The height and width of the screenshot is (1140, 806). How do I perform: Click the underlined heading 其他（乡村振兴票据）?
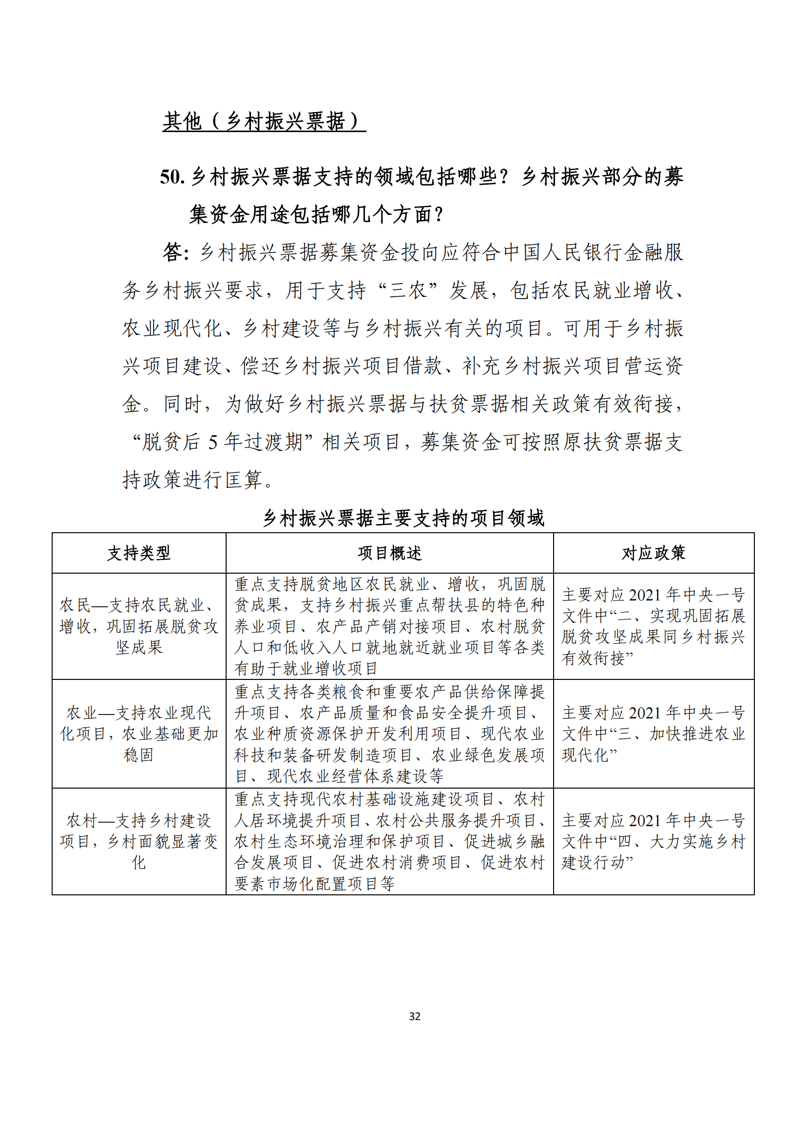pyautogui.click(x=264, y=121)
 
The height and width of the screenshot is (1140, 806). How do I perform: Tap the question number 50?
pyautogui.click(x=172, y=177)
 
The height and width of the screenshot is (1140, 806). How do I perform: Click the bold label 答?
pyautogui.click(x=176, y=252)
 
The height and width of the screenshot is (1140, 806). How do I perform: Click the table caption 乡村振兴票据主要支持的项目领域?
pyautogui.click(x=403, y=518)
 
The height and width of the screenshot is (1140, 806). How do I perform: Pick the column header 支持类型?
pyautogui.click(x=139, y=553)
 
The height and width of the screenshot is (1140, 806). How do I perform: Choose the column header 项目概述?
pyautogui.click(x=390, y=553)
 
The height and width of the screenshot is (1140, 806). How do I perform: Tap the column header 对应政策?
pyautogui.click(x=653, y=553)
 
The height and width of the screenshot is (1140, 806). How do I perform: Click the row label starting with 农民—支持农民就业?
pyautogui.click(x=139, y=626)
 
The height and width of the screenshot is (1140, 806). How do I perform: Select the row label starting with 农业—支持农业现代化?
pyautogui.click(x=139, y=734)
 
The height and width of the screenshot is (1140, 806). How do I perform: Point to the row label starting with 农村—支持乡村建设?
pyautogui.click(x=139, y=841)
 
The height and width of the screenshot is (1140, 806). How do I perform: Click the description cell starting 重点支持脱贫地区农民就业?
pyautogui.click(x=390, y=626)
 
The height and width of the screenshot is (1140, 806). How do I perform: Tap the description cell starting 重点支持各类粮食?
pyautogui.click(x=390, y=734)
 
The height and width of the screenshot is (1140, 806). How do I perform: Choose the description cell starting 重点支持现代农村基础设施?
pyautogui.click(x=390, y=841)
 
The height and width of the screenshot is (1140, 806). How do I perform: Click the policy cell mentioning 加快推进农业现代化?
pyautogui.click(x=653, y=734)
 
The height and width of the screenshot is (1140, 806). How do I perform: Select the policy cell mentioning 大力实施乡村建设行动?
pyautogui.click(x=653, y=841)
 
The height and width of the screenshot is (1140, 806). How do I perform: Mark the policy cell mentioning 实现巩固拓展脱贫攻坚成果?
pyautogui.click(x=653, y=626)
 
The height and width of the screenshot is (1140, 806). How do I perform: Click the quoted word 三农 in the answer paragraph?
pyautogui.click(x=408, y=290)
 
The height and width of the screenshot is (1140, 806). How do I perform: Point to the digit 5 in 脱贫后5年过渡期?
pyautogui.click(x=213, y=442)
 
